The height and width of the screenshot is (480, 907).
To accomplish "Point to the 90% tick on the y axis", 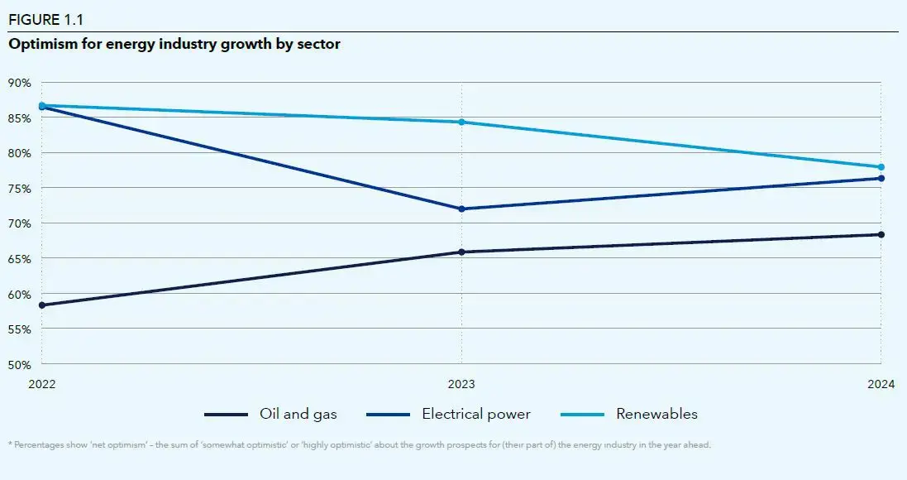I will (x=20, y=83).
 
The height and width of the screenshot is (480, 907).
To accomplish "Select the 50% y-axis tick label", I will (x=20, y=364).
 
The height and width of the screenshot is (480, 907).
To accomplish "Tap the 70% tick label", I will (x=20, y=223).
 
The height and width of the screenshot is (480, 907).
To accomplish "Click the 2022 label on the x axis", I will (x=41, y=385).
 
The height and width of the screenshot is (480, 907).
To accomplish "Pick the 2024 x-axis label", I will (x=881, y=385).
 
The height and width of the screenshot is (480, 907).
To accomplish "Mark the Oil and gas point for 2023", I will (x=461, y=252).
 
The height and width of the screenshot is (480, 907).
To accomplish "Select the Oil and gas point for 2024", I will (x=881, y=234).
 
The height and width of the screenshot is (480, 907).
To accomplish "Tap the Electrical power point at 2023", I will (x=461, y=209).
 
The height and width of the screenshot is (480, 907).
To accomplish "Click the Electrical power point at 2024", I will (x=881, y=178).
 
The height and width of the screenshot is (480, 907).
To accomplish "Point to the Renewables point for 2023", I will (x=461, y=122).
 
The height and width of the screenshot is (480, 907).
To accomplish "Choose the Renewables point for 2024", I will (x=881, y=167).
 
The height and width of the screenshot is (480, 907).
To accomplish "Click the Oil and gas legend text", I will (x=298, y=414).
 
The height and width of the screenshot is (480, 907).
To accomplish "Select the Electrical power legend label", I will (x=475, y=414).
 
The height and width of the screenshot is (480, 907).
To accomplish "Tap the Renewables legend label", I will (x=656, y=414).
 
